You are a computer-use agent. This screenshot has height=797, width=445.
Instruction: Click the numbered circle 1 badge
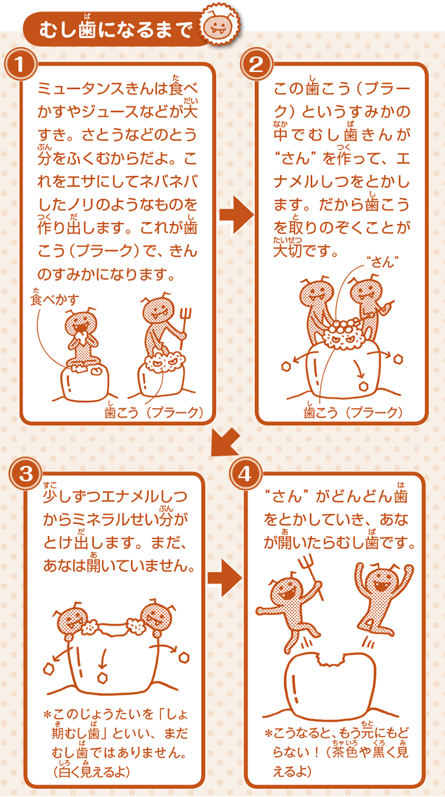[21, 65]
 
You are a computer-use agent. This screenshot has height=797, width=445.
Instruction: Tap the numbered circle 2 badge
[257, 65]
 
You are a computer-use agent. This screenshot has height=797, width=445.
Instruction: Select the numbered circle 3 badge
[26, 474]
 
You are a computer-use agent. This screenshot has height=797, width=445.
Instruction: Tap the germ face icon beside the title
[220, 25]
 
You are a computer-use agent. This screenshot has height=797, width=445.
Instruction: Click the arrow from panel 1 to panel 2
[236, 215]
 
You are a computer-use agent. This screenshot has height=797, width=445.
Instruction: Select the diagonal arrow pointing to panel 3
[225, 442]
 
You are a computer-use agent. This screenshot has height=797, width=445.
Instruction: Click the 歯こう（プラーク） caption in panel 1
[153, 412]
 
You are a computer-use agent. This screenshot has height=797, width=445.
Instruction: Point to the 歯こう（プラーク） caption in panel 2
[353, 412]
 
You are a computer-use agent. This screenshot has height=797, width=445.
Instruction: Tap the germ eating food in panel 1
[81, 338]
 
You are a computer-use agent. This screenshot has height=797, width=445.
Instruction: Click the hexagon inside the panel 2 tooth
[363, 386]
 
